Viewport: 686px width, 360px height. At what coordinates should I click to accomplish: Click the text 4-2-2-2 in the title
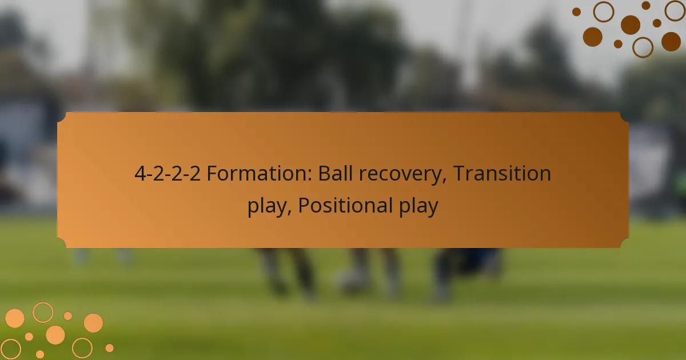coord(167,173)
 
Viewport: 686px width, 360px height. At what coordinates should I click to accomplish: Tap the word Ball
coord(336,173)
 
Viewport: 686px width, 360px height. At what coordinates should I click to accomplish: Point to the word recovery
coord(400,175)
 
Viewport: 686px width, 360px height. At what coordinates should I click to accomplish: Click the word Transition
coord(502,173)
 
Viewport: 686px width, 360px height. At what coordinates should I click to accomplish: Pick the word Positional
coord(345,205)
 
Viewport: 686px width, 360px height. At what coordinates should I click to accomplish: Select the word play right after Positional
coord(419,207)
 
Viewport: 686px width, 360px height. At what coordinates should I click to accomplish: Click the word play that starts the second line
coord(267,207)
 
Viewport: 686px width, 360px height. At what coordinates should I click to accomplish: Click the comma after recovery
coord(444,181)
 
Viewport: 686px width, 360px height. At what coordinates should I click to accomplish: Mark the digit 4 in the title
coord(140,173)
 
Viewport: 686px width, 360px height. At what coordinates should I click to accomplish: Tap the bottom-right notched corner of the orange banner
coord(624,243)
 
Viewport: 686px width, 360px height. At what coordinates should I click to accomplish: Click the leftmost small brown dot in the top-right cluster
coord(576,12)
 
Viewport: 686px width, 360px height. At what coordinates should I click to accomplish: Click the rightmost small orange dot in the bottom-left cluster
coord(109,348)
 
